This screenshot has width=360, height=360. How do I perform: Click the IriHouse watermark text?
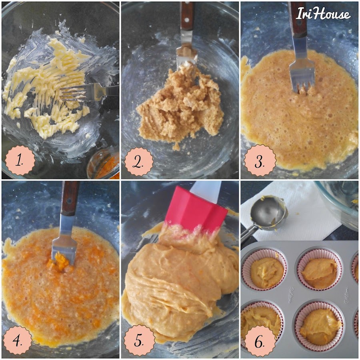pos(323,13)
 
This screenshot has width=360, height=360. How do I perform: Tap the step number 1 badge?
pos(20,160)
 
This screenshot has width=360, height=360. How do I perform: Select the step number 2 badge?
pos(139,162)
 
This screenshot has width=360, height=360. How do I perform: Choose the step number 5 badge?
pos(139,340)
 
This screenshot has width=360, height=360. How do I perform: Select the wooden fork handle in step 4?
pos(69,198)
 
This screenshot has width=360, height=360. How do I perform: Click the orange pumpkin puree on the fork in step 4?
pos(60,262)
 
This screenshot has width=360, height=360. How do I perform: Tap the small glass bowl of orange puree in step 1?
pos(103,163)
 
